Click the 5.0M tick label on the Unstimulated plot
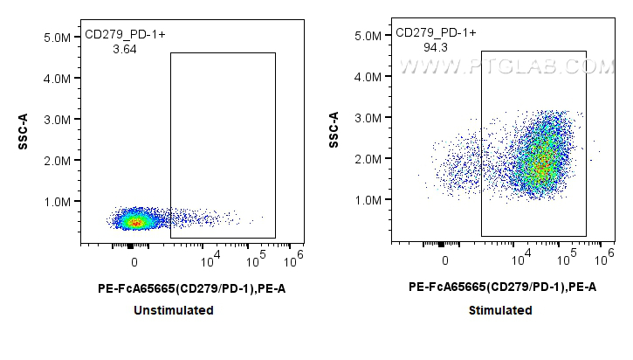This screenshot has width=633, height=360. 58,38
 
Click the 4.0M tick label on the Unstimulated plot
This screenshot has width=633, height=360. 58,80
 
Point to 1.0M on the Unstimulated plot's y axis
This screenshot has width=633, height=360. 58,202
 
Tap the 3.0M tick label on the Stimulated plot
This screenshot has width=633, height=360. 368,118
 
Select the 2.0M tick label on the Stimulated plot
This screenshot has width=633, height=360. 368,159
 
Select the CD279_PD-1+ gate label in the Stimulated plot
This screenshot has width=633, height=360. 436,33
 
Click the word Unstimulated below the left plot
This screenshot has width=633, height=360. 174,310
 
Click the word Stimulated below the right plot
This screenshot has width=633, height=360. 499,310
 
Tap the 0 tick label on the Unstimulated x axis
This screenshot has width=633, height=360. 134,262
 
